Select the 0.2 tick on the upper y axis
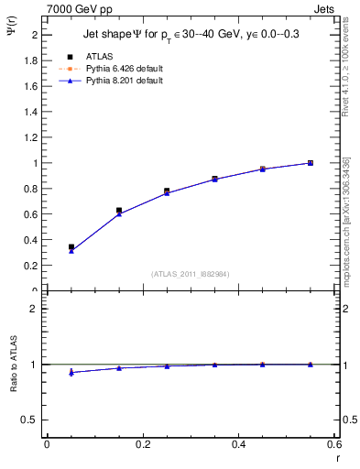[29, 266]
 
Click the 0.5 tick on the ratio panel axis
[29, 420]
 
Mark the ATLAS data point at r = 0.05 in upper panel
[71, 247]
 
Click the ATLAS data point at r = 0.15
[119, 211]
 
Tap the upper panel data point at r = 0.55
[311, 163]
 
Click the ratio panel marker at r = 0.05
[71, 372]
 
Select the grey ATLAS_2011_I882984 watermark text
[190, 274]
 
